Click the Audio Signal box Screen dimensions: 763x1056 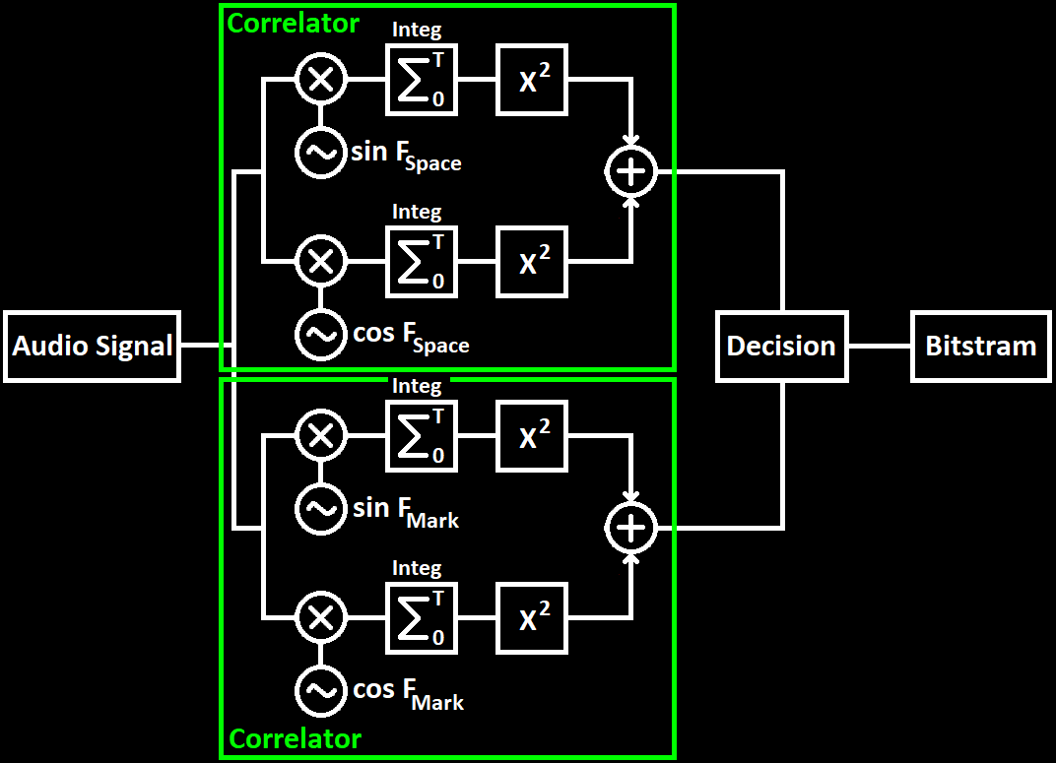point(92,347)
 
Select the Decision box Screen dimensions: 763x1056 point(781,347)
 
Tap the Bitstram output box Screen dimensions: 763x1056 point(980,347)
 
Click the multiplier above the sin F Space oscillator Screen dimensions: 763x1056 point(321,80)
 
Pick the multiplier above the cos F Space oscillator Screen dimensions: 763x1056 point(321,262)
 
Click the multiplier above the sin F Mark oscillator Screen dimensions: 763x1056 point(321,436)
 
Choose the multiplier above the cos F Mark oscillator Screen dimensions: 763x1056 point(321,618)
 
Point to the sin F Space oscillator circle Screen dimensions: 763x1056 point(321,153)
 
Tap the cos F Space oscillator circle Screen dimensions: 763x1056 point(321,335)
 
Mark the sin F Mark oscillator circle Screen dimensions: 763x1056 point(321,509)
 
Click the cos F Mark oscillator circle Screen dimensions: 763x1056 point(321,691)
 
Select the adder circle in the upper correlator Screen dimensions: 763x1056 point(629,172)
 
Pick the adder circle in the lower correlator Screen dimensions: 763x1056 point(629,529)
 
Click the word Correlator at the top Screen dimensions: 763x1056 point(294,24)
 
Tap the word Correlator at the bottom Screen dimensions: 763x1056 point(296,738)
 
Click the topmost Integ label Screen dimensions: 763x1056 point(417,31)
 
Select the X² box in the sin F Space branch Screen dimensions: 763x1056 point(532,80)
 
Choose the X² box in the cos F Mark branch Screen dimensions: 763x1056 point(532,618)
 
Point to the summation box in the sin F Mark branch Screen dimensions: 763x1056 point(422,436)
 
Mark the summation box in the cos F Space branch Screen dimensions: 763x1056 point(422,262)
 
